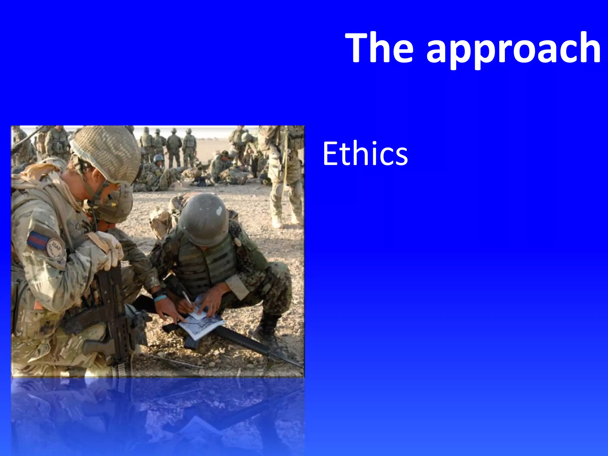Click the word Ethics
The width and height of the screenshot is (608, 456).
pyautogui.click(x=365, y=154)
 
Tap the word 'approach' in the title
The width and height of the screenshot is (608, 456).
pyautogui.click(x=514, y=49)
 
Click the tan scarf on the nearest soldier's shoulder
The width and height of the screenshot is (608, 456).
pyautogui.click(x=39, y=175)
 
